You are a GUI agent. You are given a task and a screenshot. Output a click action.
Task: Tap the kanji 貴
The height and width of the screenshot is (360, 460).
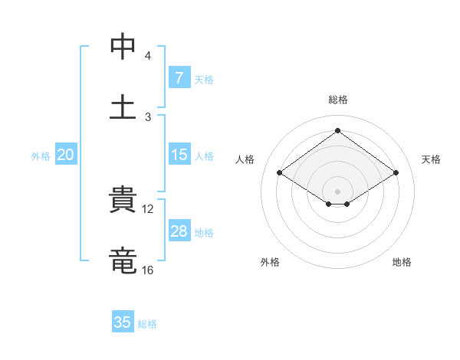tap(123, 201)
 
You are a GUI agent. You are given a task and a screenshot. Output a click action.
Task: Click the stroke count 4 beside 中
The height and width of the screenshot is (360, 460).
tap(147, 56)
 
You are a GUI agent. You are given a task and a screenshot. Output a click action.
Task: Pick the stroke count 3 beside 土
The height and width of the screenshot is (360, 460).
tap(147, 116)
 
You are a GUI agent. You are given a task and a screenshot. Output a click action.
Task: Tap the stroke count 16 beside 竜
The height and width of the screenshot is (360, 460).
tap(148, 270)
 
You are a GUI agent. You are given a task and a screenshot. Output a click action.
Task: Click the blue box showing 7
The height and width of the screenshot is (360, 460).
tap(179, 78)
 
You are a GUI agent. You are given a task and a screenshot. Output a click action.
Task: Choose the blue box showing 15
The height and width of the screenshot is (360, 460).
tap(179, 155)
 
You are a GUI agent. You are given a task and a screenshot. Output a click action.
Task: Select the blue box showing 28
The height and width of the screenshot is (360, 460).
tap(179, 231)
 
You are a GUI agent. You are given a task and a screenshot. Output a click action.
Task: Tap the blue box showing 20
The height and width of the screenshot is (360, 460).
tap(66, 155)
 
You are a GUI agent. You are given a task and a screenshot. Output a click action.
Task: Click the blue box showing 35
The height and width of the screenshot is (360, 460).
tap(123, 322)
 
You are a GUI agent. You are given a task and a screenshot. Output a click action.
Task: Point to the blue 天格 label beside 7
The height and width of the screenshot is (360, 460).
tap(204, 79)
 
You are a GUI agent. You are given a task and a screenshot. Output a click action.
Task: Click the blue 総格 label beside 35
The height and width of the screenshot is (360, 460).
tap(147, 324)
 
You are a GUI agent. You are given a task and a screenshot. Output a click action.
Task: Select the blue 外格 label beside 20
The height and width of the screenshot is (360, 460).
tap(41, 156)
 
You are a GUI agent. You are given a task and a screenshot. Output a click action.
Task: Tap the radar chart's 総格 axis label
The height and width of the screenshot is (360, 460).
tap(338, 100)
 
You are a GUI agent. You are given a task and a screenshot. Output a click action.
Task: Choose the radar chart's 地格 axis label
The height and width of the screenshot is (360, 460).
tap(402, 262)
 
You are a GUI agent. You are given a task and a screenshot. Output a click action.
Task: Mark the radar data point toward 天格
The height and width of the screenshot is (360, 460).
tap(396, 173)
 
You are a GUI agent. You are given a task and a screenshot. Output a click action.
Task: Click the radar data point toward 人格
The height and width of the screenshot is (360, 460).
tap(280, 173)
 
